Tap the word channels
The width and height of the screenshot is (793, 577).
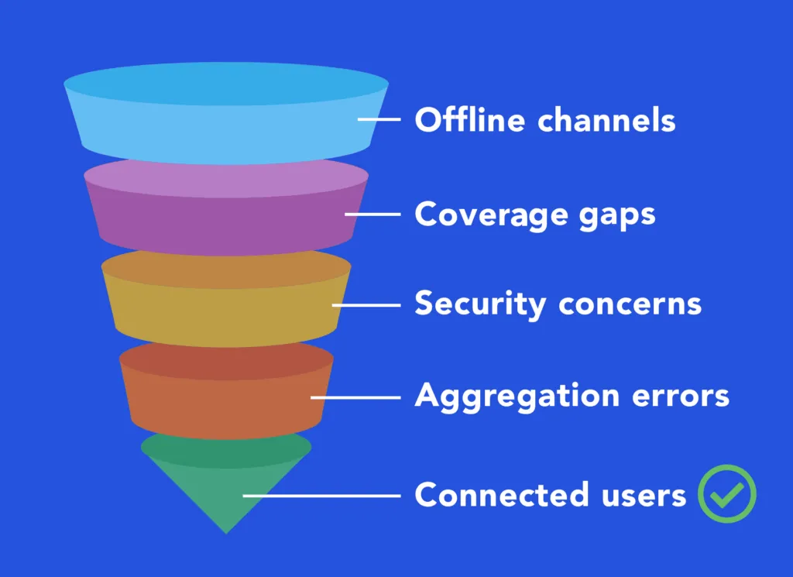(x=606, y=120)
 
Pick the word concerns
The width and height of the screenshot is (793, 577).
(x=630, y=304)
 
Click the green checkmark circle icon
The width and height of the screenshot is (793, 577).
(x=726, y=493)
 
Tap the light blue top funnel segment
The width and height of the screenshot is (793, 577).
(x=226, y=116)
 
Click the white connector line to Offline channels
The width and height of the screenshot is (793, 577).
(x=379, y=120)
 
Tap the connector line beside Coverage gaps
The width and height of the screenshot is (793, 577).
(x=373, y=214)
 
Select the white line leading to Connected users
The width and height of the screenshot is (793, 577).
(x=321, y=495)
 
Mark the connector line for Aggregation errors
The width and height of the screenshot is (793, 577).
(x=356, y=397)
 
